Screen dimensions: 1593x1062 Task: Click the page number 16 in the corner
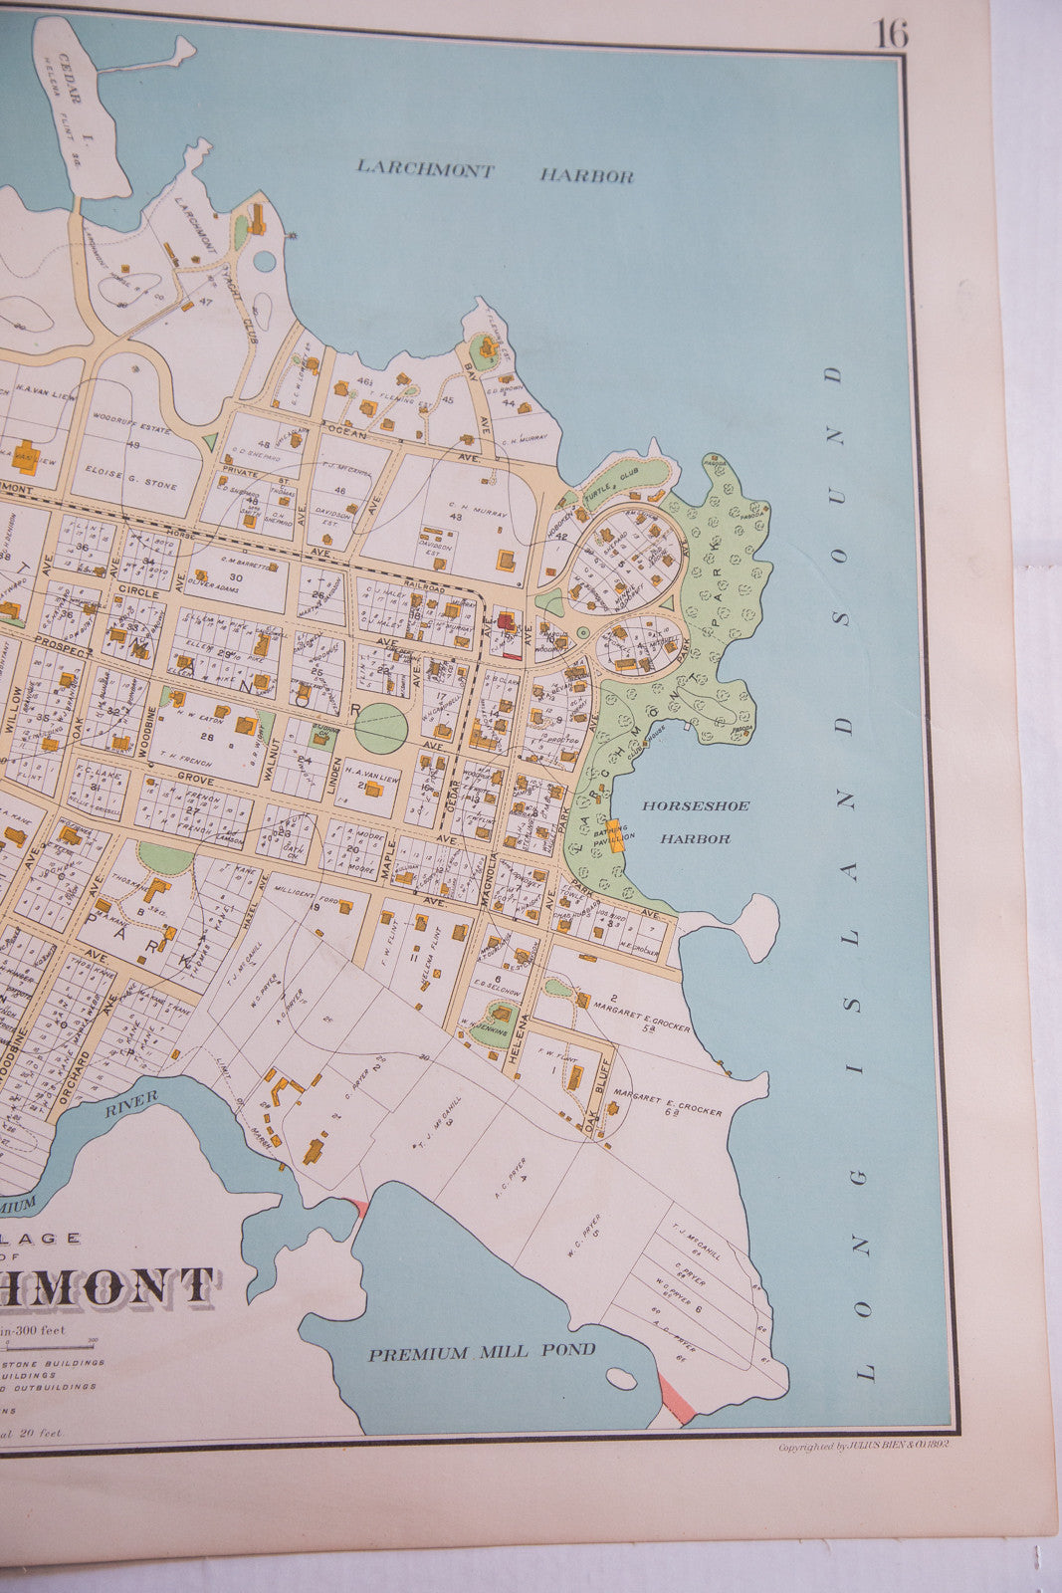[890, 34]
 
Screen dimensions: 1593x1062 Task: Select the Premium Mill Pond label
[482, 1351]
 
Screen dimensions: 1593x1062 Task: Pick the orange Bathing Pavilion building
[616, 834]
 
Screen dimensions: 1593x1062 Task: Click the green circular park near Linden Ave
[381, 728]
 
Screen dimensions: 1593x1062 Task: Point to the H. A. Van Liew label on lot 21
[374, 779]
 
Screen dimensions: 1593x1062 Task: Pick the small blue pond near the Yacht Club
[265, 261]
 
